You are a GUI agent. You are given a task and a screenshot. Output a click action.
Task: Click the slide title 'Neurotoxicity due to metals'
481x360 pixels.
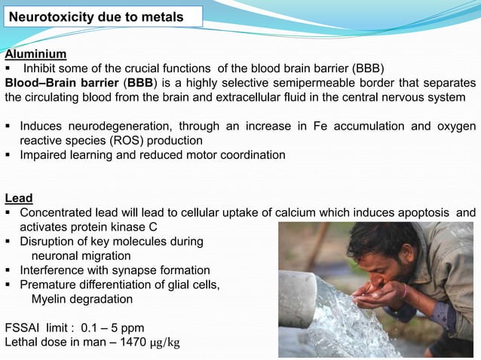[x=96, y=16]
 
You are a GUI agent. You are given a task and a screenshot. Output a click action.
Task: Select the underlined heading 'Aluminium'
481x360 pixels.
[x=35, y=54]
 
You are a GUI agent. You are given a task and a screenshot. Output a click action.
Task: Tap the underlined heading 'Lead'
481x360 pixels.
[x=19, y=198]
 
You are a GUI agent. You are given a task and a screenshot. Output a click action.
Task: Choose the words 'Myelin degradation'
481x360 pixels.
[x=82, y=299]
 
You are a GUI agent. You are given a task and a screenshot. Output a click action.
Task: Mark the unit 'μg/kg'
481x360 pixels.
[x=165, y=343]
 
